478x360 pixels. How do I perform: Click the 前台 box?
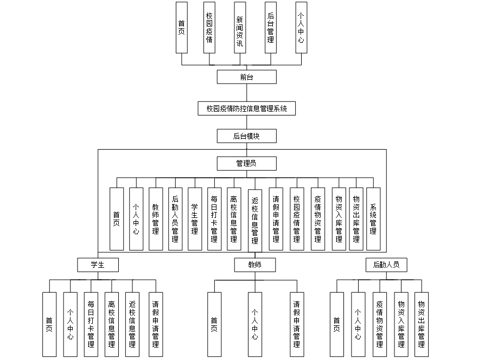point(246,77)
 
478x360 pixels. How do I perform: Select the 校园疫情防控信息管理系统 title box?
point(247,109)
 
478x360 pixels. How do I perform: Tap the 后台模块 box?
point(247,136)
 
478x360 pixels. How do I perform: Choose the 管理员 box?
point(247,163)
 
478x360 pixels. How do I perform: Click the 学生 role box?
point(98,265)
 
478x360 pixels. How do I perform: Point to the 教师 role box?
point(255,265)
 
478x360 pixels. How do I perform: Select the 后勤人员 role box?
point(386,265)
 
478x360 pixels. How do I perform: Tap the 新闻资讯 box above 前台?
point(240,27)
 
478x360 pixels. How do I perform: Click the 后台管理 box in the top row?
point(271,27)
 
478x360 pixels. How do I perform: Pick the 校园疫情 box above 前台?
point(209,27)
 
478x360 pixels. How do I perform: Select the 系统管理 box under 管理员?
point(373,218)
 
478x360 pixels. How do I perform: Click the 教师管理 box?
point(156,218)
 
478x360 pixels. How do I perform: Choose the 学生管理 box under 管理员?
point(195,218)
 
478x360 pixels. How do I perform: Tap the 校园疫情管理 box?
point(297,218)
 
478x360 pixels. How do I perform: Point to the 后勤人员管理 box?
point(175,218)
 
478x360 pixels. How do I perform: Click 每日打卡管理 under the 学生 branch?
point(91,324)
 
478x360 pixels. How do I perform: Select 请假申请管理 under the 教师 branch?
point(297,324)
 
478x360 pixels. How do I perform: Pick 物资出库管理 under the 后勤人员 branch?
point(422,324)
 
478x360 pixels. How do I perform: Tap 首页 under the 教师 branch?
point(214,324)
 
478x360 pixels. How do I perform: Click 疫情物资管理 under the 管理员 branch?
point(318,218)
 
